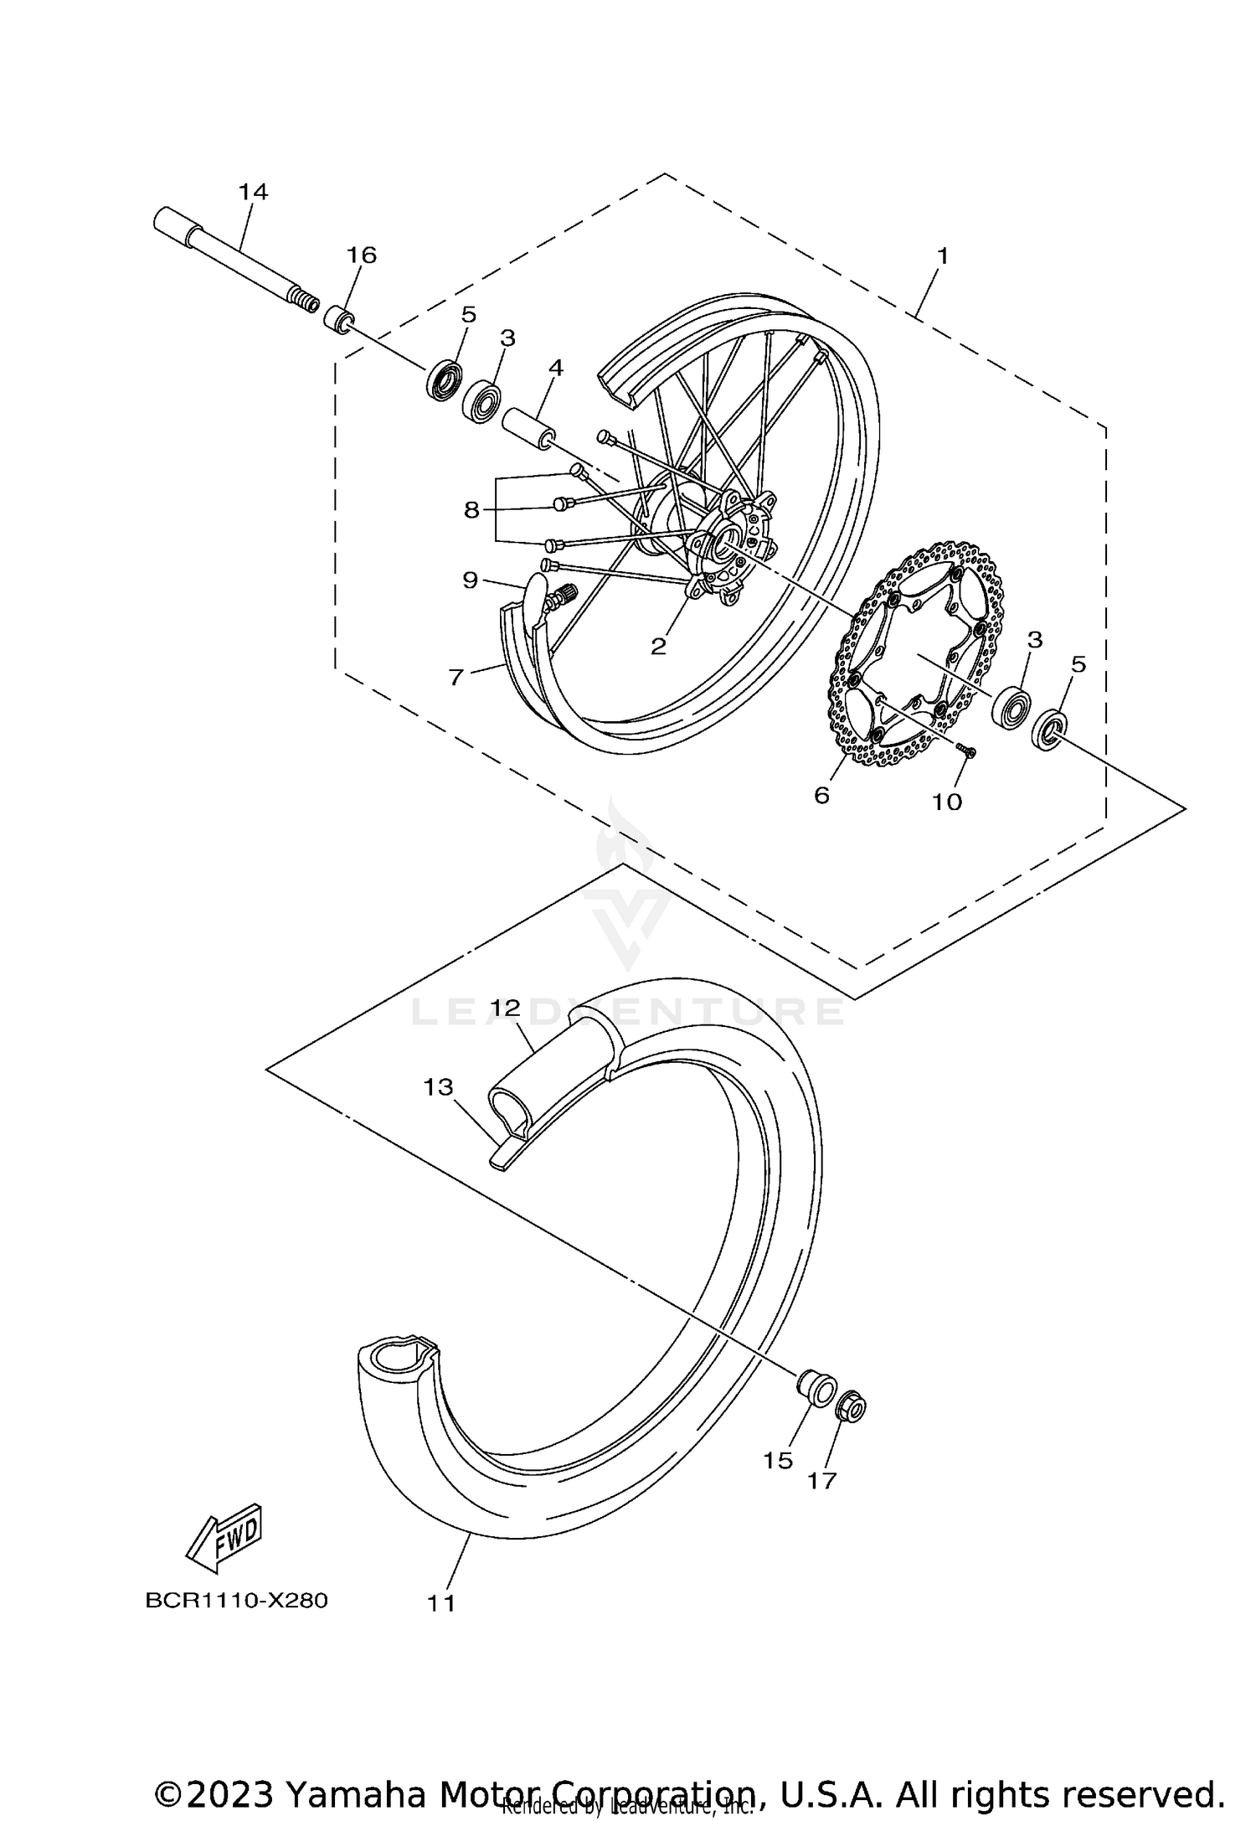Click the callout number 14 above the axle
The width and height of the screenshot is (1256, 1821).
pyautogui.click(x=253, y=192)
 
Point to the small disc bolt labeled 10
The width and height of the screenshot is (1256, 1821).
pyautogui.click(x=967, y=751)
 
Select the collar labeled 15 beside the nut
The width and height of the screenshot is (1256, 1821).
pyautogui.click(x=814, y=1389)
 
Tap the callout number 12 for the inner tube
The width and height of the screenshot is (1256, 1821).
pyautogui.click(x=506, y=1008)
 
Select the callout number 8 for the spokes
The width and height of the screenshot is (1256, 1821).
pyautogui.click(x=471, y=509)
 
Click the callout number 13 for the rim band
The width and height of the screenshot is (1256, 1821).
pyautogui.click(x=438, y=1087)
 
